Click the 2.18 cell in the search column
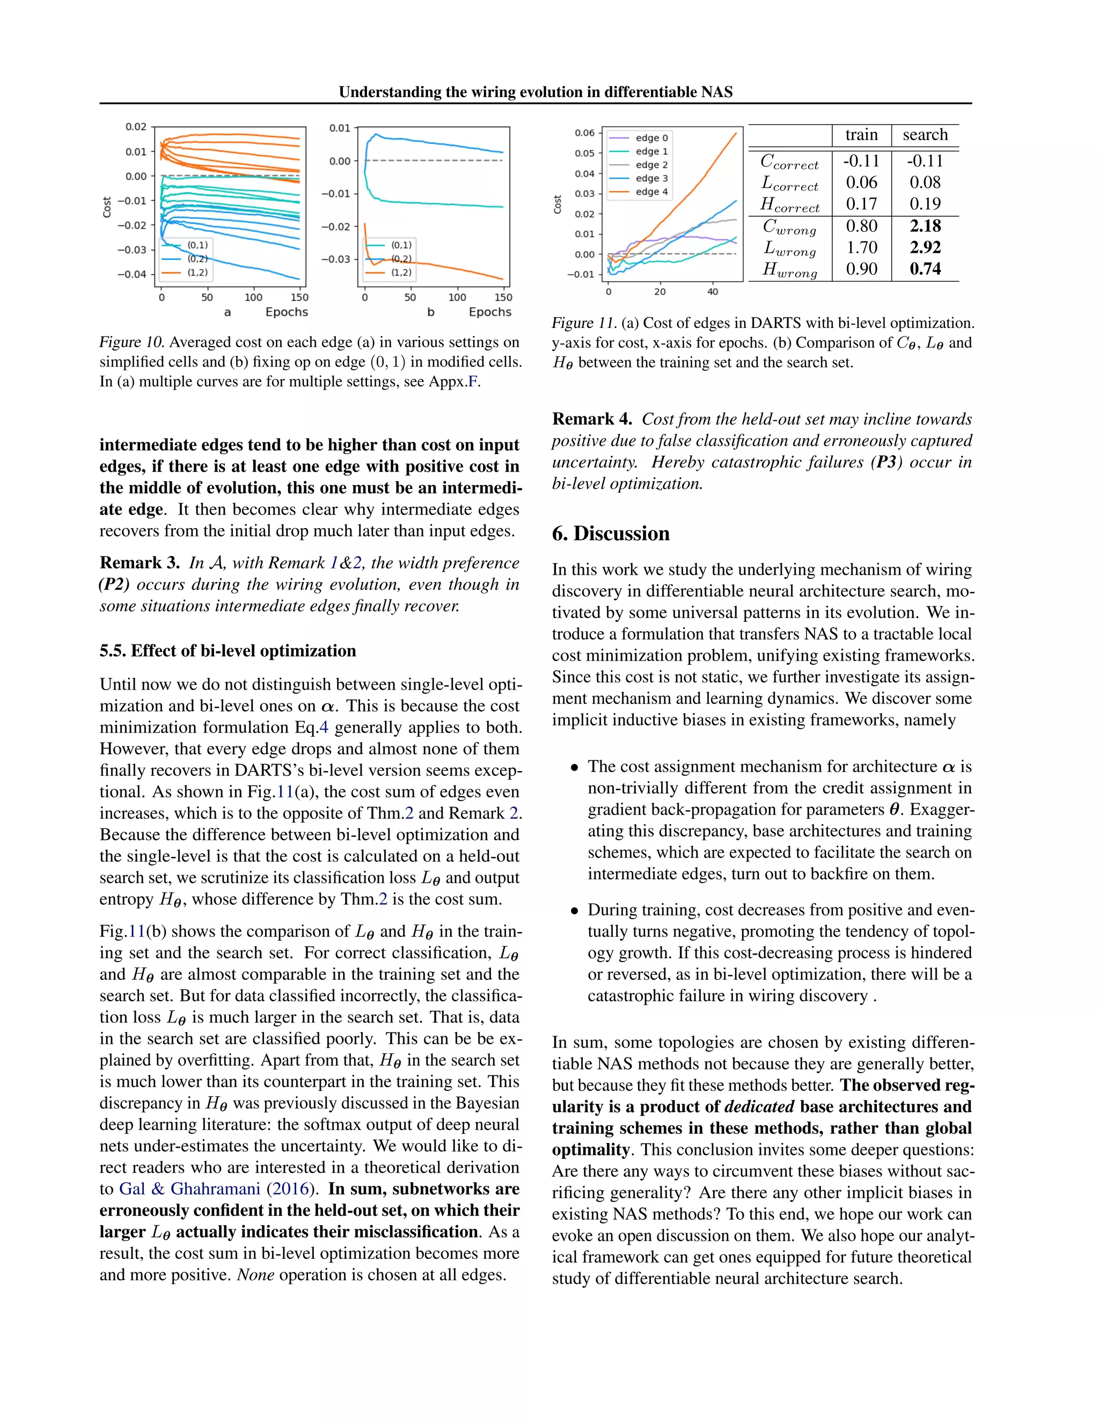click(925, 226)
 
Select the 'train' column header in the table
click(861, 135)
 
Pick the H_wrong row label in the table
click(789, 269)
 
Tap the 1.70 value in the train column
click(861, 247)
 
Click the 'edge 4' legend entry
click(651, 192)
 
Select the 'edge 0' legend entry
click(651, 138)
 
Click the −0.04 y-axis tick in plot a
click(131, 274)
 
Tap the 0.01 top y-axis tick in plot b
click(339, 128)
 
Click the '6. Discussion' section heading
click(610, 533)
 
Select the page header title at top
click(535, 92)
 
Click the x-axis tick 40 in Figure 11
click(712, 292)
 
